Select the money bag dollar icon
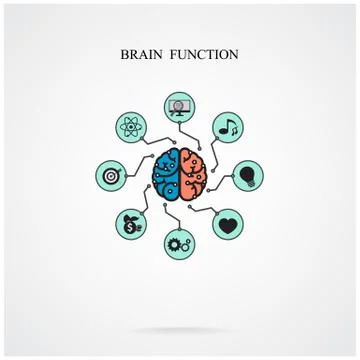132,222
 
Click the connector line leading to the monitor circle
180,132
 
